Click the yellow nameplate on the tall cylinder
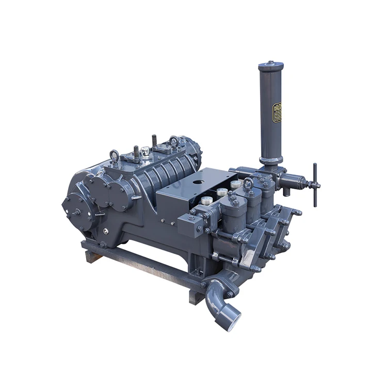pyautogui.click(x=277, y=113)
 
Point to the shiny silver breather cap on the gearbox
pyautogui.click(x=145, y=152)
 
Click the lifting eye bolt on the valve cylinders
pyautogui.click(x=249, y=185)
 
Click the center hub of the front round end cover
pyautogui.click(x=76, y=211)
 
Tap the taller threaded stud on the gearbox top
pyautogui.click(x=154, y=141)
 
